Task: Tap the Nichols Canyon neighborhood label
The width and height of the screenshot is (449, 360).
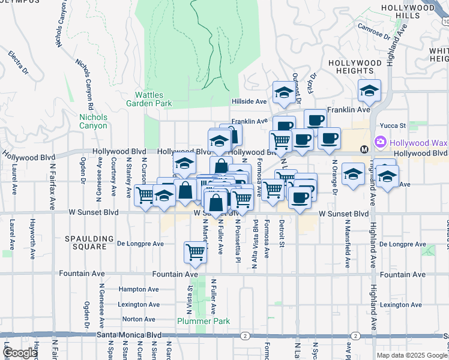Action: [x=93, y=121]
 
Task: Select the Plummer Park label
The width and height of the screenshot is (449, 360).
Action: [x=203, y=321]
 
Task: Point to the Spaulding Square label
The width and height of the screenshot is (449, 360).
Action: [x=89, y=242]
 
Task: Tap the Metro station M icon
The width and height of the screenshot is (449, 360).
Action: [x=364, y=149]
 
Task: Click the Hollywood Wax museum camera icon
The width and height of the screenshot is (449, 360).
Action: [x=379, y=143]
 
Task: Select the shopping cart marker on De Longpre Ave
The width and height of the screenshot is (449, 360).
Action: [x=195, y=251]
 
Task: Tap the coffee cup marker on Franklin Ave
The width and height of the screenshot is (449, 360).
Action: [x=315, y=119]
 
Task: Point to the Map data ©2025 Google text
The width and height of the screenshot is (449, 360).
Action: [x=412, y=355]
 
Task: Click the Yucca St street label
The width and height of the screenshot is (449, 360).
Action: [x=394, y=126]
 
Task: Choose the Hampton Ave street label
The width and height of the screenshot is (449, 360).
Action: [x=139, y=289]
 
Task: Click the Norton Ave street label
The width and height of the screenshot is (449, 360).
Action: [x=139, y=319]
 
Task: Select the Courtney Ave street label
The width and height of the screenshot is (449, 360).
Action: [x=113, y=178]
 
